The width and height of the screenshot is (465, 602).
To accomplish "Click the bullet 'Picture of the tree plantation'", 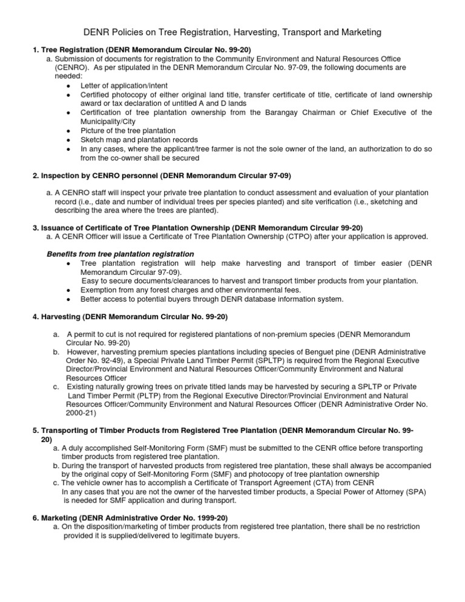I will (128, 131).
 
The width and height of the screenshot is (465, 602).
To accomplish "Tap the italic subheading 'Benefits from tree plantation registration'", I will (120, 254).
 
